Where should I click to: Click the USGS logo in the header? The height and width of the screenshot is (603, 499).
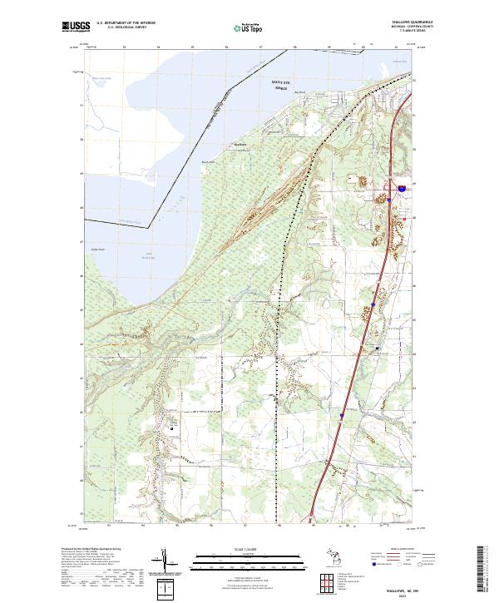click(x=72, y=27)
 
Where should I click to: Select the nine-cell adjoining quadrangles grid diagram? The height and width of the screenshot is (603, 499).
click(x=324, y=580)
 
